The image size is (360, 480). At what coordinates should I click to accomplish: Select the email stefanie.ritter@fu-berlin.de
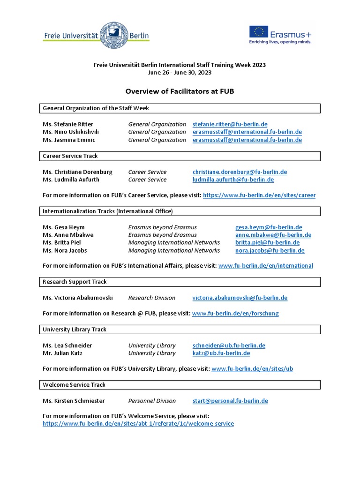click(230, 124)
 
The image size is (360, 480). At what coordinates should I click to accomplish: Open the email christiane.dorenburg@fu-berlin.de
click(240, 172)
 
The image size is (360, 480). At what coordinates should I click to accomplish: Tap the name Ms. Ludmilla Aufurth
click(71, 180)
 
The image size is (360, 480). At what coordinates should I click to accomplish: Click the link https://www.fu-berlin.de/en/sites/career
click(259, 195)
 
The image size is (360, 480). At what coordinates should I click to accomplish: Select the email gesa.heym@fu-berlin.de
click(269, 227)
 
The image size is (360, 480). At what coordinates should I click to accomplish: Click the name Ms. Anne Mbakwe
click(68, 235)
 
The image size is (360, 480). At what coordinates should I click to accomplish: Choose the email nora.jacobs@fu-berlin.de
click(270, 250)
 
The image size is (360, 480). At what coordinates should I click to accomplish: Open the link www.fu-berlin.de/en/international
click(266, 266)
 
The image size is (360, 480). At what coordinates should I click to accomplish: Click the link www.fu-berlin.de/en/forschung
click(235, 313)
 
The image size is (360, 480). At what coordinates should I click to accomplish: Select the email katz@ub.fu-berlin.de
click(221, 353)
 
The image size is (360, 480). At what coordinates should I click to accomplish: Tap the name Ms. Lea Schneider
click(67, 345)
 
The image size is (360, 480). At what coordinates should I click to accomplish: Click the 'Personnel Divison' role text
click(152, 401)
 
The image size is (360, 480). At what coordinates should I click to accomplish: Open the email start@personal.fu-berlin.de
click(230, 401)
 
